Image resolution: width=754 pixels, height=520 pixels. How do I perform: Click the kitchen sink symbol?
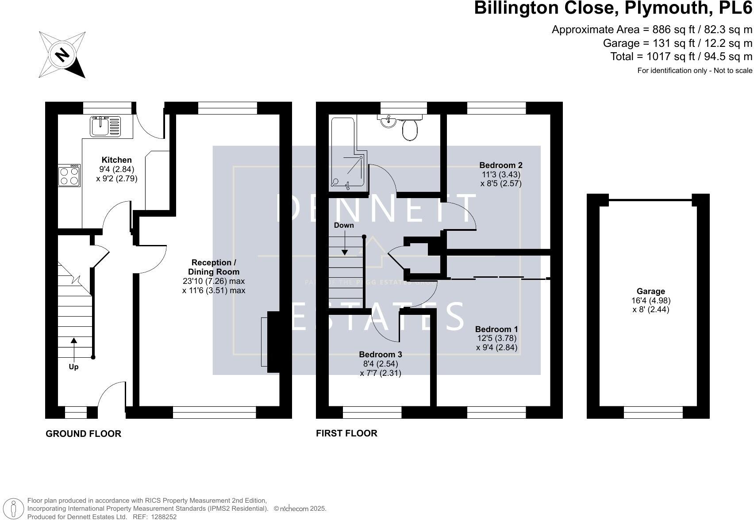pos(105,126)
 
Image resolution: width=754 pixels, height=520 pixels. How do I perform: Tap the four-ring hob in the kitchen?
pos(69,176)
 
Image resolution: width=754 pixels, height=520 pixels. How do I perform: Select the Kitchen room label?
pos(116,160)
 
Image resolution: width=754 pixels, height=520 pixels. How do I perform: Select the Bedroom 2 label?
pos(500,165)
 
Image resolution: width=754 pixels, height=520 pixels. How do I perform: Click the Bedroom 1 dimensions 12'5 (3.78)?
pos(496,338)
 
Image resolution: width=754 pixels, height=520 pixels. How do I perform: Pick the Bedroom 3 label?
pos(380,355)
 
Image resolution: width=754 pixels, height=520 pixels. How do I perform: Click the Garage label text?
pos(650,291)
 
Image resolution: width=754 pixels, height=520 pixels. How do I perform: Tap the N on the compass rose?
pos(62,55)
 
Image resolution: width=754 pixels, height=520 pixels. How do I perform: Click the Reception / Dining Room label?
pos(213,267)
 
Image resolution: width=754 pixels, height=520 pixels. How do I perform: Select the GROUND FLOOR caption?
pos(83,434)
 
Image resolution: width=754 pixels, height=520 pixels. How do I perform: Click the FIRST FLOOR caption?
pos(346,433)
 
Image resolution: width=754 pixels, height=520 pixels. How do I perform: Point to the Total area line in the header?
pos(681,57)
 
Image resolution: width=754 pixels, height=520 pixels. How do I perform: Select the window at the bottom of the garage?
pos(653,412)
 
